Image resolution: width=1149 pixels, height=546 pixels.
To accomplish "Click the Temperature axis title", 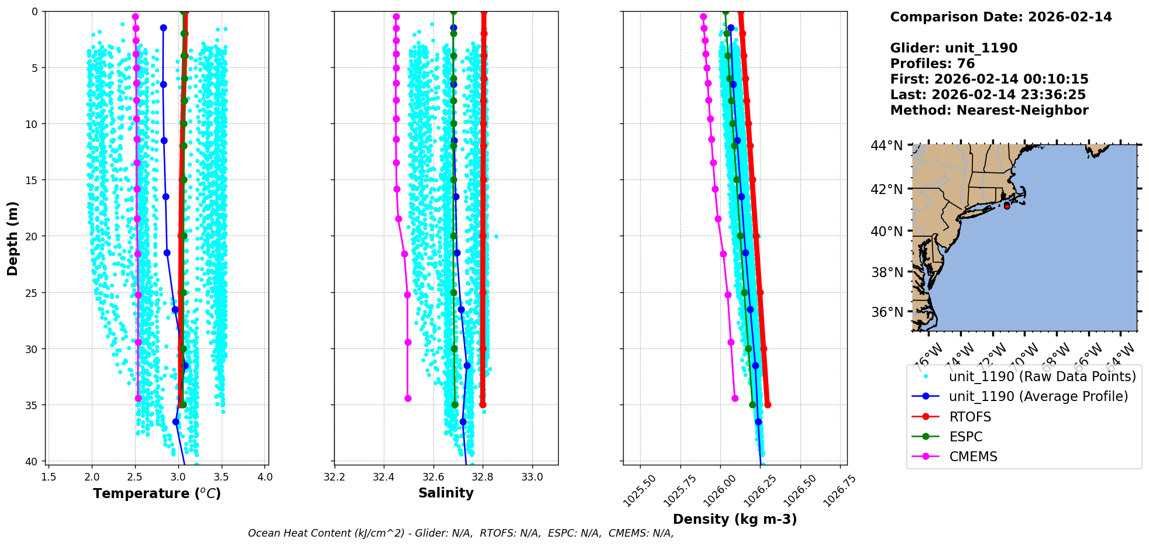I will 157,493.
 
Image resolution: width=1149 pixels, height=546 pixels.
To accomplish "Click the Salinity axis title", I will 446,493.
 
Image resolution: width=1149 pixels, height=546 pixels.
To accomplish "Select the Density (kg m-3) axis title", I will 735,519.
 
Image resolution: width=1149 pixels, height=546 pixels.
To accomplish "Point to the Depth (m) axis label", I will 13,238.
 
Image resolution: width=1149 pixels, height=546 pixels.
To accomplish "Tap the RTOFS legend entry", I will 970,417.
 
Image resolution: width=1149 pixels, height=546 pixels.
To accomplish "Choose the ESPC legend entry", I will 966,437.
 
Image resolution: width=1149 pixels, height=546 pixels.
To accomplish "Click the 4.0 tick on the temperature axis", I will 265,477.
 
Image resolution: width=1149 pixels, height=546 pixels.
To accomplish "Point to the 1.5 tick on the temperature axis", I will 49,477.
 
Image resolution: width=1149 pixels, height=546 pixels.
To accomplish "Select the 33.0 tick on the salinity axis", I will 532,477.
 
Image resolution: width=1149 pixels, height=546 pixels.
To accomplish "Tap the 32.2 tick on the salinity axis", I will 335,477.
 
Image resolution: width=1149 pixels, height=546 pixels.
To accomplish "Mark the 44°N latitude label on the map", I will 887,146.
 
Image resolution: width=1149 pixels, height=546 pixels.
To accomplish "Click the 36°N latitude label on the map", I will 887,312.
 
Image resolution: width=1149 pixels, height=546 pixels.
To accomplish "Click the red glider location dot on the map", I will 1007,206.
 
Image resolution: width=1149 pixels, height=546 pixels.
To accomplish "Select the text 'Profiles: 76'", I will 933,64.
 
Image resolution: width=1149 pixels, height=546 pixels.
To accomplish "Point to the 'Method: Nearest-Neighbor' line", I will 989,110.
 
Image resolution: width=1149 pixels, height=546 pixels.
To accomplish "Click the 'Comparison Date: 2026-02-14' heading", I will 1001,17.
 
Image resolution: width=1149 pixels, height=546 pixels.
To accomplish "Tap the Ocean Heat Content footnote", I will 460,533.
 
